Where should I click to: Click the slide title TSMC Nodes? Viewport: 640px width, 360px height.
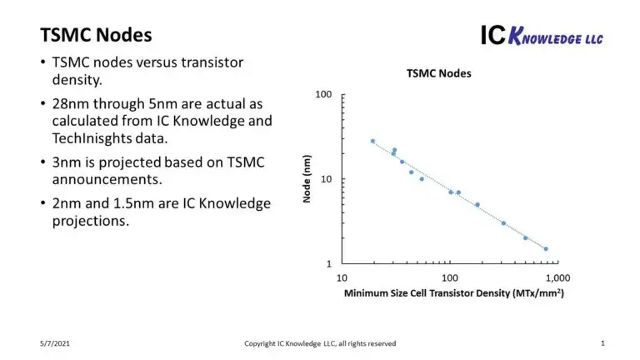coord(96,35)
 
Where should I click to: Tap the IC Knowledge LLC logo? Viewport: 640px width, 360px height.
coord(541,35)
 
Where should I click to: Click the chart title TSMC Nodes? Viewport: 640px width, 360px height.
coord(438,73)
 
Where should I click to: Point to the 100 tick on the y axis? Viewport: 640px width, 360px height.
coord(323,95)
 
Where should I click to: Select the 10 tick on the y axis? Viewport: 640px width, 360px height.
coord(326,179)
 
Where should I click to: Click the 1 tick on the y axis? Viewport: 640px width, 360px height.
coord(329,263)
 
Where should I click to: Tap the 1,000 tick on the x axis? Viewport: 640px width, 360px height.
coord(545,277)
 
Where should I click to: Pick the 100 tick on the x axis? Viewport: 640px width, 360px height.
coord(451,277)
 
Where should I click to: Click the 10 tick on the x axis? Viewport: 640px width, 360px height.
coord(342,277)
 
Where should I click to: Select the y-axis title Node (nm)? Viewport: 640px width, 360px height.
coord(307,179)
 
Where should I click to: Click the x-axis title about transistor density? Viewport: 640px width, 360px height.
coord(449,293)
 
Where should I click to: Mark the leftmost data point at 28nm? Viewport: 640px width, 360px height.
coord(372,141)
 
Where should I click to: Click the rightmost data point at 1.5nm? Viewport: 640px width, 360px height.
coord(546,248)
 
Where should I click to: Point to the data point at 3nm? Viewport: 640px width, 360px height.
coord(503,223)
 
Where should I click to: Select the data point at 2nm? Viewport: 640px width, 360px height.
coord(526,237)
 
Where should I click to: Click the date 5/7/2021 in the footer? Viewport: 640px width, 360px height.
coord(55,343)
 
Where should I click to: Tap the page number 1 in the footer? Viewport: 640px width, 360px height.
coord(602,342)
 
